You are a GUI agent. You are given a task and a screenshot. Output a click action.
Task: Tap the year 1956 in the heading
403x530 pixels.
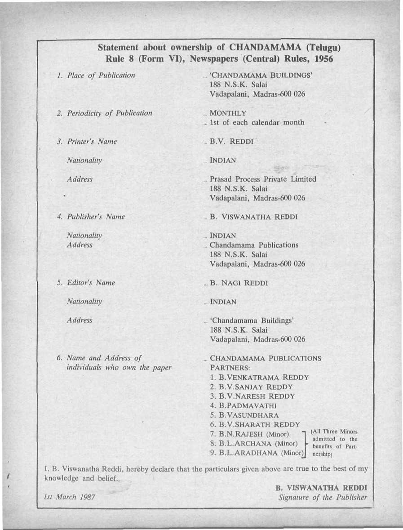tap(320, 59)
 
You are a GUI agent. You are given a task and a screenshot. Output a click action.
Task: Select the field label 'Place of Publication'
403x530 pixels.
tap(101, 76)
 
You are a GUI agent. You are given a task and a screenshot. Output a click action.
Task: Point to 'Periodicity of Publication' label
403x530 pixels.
tap(110, 113)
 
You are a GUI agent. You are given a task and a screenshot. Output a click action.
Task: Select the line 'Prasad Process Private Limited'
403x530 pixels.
tap(263, 179)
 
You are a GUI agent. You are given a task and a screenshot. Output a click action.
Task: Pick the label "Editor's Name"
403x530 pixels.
tap(91, 283)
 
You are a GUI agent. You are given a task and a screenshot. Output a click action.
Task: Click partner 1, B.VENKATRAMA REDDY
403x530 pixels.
tap(259, 377)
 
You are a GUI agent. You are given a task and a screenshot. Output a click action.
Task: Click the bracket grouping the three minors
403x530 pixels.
tap(305, 443)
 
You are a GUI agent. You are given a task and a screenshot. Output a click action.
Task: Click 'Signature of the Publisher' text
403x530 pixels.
tap(323, 498)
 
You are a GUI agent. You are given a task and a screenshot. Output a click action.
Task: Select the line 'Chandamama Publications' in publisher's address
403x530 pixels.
tap(254, 245)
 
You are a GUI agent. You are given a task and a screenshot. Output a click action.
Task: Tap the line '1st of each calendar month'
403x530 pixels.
tap(257, 122)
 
